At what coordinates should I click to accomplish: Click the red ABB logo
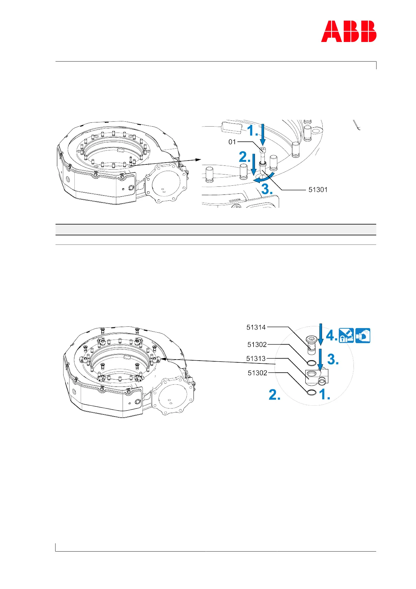pyautogui.click(x=349, y=31)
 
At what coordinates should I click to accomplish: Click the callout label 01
pyautogui.click(x=232, y=142)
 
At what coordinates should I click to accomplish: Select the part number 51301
pyautogui.click(x=318, y=190)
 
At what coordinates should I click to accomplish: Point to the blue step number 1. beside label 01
pyautogui.click(x=253, y=131)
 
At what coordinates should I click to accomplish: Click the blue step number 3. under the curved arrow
pyautogui.click(x=267, y=189)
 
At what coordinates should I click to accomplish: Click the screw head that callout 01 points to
pyautogui.click(x=263, y=150)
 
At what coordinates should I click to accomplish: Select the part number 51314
pyautogui.click(x=256, y=327)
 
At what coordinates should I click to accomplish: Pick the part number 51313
pyautogui.click(x=256, y=359)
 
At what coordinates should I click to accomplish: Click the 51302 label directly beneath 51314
pyautogui.click(x=257, y=345)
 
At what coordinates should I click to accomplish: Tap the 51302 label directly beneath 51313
pyautogui.click(x=257, y=373)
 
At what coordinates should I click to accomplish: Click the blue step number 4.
pyautogui.click(x=331, y=336)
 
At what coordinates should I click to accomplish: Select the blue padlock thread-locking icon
pyautogui.click(x=346, y=336)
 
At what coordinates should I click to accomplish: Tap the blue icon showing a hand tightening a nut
pyautogui.click(x=363, y=336)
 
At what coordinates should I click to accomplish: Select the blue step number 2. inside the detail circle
pyautogui.click(x=275, y=395)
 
